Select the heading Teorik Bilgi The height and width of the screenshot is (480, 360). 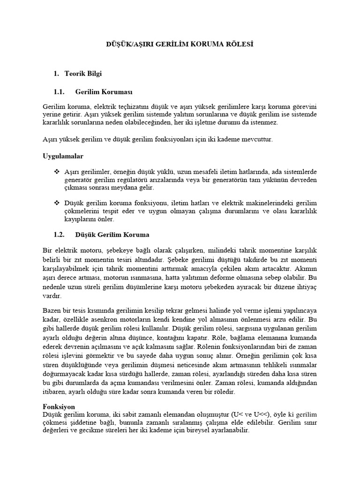[83, 74]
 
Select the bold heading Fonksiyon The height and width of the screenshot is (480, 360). [59, 407]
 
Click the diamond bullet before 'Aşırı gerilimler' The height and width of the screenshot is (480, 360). [57, 172]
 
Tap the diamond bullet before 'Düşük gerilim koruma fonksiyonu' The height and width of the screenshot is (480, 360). [57, 203]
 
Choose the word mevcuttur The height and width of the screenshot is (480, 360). [255, 140]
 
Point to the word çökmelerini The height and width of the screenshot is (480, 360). [85, 211]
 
